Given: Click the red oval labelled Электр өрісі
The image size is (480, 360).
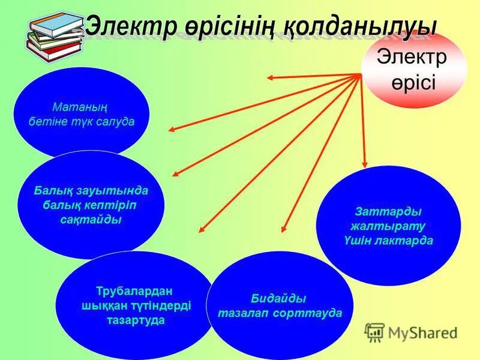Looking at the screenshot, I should (413, 69).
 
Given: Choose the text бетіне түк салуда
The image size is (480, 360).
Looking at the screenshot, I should (82, 121).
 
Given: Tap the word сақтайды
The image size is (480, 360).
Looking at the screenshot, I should (91, 220).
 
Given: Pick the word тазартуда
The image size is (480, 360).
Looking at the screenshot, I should (135, 320).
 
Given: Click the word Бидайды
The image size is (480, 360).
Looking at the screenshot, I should (279, 298).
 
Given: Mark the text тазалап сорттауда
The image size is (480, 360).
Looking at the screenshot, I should (280, 313).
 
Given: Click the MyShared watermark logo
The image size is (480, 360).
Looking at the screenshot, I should (412, 332).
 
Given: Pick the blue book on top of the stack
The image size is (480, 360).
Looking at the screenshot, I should (56, 23).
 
